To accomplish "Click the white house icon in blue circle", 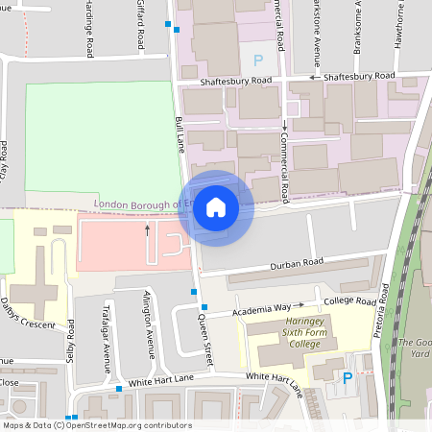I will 216,207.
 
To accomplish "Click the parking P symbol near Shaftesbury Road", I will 256,60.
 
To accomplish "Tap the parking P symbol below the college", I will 348,378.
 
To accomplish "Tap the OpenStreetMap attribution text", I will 96,425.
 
